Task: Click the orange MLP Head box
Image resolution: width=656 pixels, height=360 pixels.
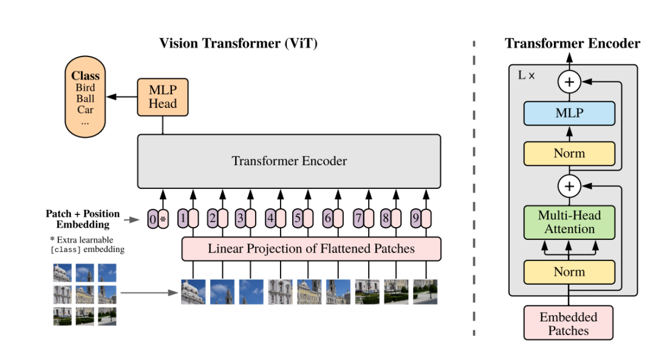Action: click(x=162, y=97)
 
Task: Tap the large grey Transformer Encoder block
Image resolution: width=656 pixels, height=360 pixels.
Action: click(x=289, y=161)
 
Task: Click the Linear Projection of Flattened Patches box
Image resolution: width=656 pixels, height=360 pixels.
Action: click(x=311, y=249)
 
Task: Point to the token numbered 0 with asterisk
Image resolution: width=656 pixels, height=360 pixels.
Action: click(x=158, y=219)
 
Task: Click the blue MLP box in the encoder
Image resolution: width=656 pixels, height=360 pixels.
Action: click(x=569, y=113)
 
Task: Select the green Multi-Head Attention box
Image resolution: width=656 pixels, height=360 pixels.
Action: click(x=569, y=222)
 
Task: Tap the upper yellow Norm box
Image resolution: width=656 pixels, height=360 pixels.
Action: click(x=569, y=154)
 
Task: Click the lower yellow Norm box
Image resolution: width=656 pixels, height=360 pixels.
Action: click(x=569, y=272)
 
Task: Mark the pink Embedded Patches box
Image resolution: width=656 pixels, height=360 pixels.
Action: click(x=569, y=323)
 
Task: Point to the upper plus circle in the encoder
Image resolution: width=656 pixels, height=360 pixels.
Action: click(x=569, y=81)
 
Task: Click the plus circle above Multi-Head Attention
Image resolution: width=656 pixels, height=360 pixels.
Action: click(x=569, y=186)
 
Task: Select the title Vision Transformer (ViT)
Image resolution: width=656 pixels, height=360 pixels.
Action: click(x=238, y=43)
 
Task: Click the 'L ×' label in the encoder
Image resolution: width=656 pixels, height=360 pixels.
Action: click(x=526, y=76)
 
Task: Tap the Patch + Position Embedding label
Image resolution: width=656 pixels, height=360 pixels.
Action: click(x=83, y=219)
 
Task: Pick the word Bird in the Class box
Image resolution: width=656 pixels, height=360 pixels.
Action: click(x=85, y=88)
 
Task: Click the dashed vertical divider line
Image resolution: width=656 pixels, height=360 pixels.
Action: click(x=474, y=182)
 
